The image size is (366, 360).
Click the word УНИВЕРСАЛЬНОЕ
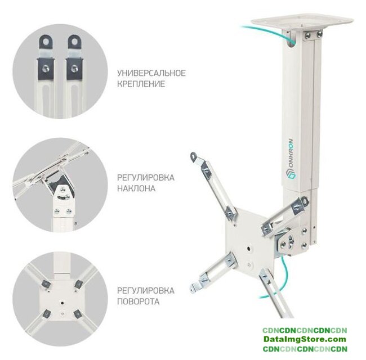[151, 73]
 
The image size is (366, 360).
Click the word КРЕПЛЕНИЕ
[141, 84]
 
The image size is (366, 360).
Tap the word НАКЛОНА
[136, 188]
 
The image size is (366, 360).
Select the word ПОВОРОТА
[138, 301]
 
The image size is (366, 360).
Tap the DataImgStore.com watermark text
[305, 339]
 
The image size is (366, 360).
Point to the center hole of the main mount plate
[249, 249]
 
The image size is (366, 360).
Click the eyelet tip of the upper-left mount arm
[194, 156]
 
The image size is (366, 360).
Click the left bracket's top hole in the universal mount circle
[46, 42]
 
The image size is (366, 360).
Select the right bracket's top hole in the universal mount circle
[74, 42]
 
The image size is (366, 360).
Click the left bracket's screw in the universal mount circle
[45, 68]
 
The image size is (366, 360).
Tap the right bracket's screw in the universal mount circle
[74, 68]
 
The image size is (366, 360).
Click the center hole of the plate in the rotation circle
[62, 303]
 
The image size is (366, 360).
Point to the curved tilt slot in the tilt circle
[63, 197]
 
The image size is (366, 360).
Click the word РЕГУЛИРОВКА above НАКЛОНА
[146, 177]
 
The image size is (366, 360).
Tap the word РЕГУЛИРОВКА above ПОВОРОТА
[146, 291]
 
